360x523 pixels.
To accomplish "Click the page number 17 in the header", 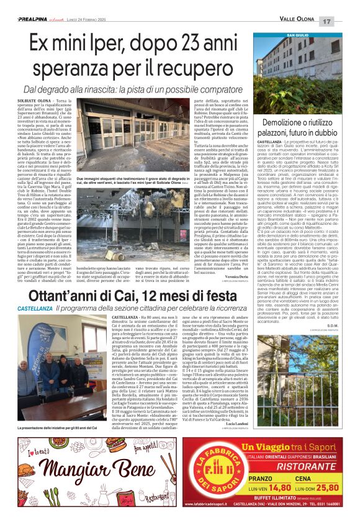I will [345, 22].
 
